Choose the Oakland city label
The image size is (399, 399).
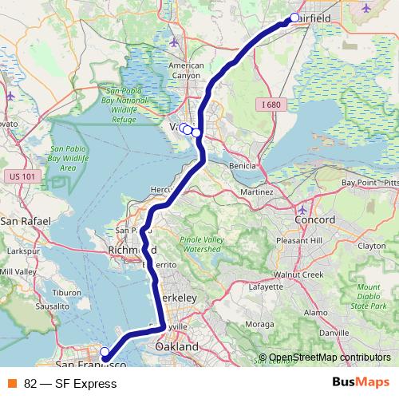[x=177, y=348]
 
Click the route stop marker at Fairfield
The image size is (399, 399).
[x=294, y=18]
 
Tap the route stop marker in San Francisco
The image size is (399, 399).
[x=105, y=351]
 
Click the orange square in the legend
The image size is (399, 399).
[x=12, y=384]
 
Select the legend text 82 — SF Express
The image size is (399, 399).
[x=70, y=384]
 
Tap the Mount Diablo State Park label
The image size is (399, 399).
[x=368, y=296]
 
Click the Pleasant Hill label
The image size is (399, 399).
[x=298, y=239]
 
